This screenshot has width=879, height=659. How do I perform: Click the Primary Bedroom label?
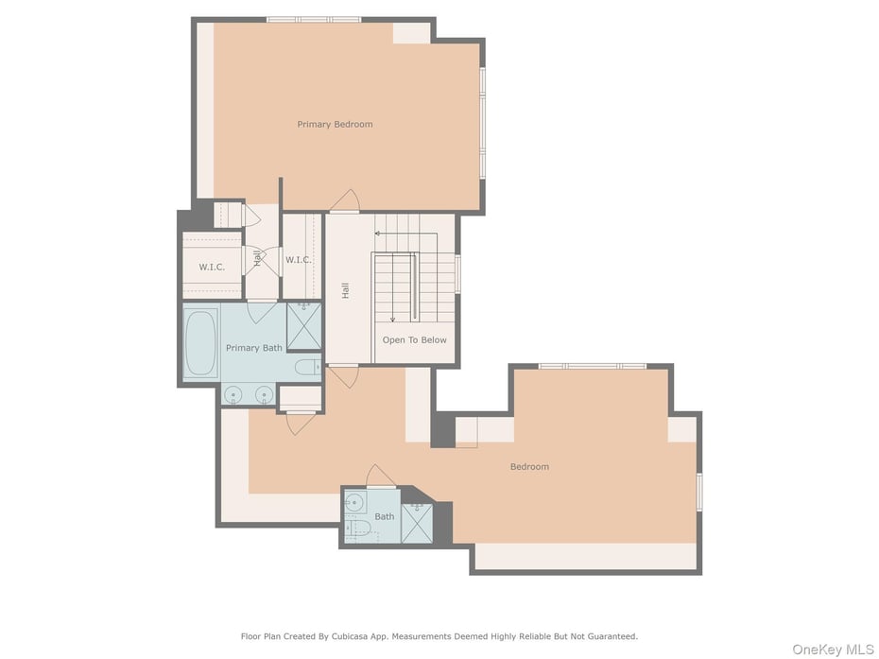(335, 125)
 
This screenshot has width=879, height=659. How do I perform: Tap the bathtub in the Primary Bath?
(200, 342)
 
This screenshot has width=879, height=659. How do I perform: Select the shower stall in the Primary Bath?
(303, 326)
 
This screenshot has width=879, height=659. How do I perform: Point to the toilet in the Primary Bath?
(308, 368)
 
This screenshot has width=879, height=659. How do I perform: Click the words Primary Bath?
(254, 348)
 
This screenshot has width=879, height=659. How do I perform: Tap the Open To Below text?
(414, 339)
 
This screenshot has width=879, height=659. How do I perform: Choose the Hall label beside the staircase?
(345, 290)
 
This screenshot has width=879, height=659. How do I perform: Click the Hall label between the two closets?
(257, 258)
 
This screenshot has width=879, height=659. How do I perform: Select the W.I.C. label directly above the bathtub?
(212, 267)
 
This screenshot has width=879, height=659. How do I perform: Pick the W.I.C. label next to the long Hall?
(299, 260)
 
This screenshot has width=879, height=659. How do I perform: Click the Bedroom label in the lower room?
(529, 467)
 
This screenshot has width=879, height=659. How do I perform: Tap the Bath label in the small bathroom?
(385, 516)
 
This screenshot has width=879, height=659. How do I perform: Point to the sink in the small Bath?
(354, 501)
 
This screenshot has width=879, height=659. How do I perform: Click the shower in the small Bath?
(417, 523)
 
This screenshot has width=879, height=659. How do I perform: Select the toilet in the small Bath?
(357, 528)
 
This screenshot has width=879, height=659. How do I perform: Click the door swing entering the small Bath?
(381, 476)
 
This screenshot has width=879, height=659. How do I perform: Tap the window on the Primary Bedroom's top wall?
(314, 20)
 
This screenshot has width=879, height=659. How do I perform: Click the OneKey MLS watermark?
(833, 650)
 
